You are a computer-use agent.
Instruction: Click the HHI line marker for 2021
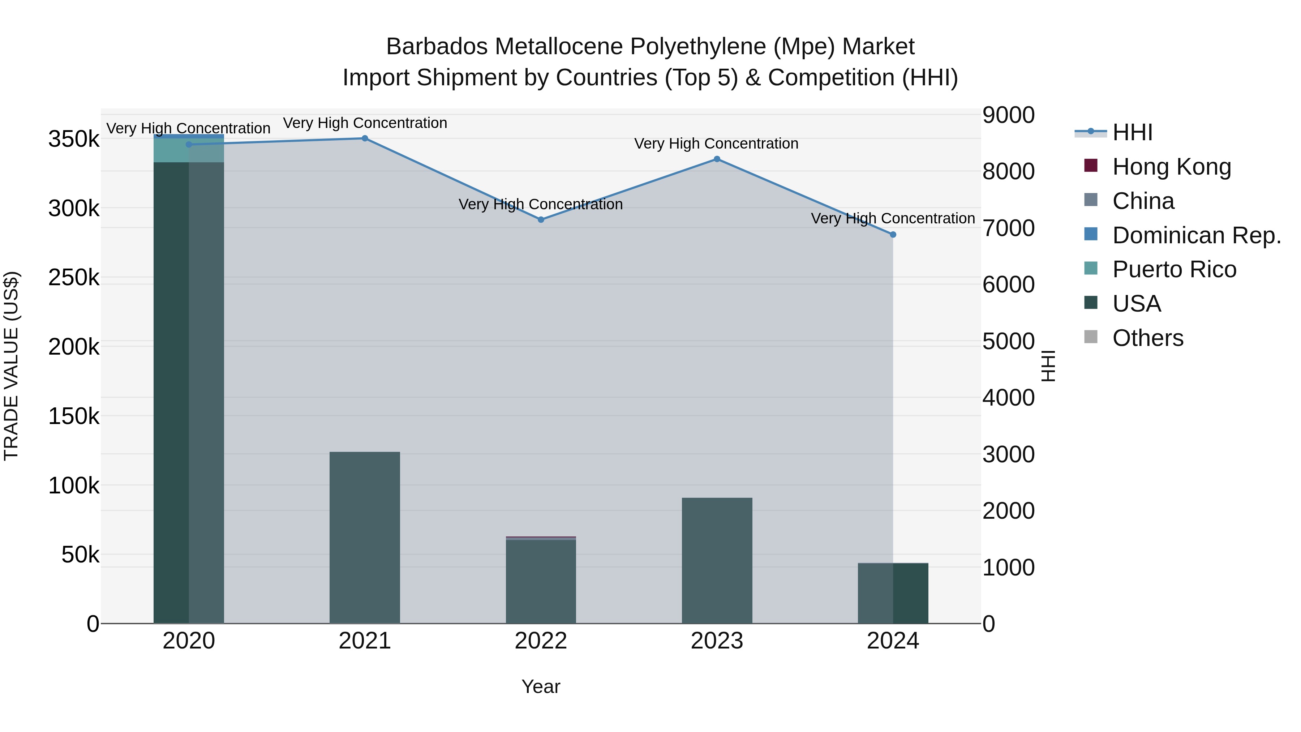pyautogui.click(x=365, y=138)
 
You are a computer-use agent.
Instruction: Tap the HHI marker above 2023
pyautogui.click(x=717, y=159)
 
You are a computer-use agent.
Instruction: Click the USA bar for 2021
pyautogui.click(x=365, y=538)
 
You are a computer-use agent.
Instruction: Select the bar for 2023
pyautogui.click(x=717, y=560)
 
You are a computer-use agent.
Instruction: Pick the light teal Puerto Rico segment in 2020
pyautogui.click(x=188, y=150)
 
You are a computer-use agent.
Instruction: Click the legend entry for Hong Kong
pyautogui.click(x=1171, y=167)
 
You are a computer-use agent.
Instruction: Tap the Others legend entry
pyautogui.click(x=1147, y=338)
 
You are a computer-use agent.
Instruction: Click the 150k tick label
pyautogui.click(x=74, y=416)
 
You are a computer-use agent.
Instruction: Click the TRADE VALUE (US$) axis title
pyautogui.click(x=11, y=366)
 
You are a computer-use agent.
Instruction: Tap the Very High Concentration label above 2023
pyautogui.click(x=716, y=144)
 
